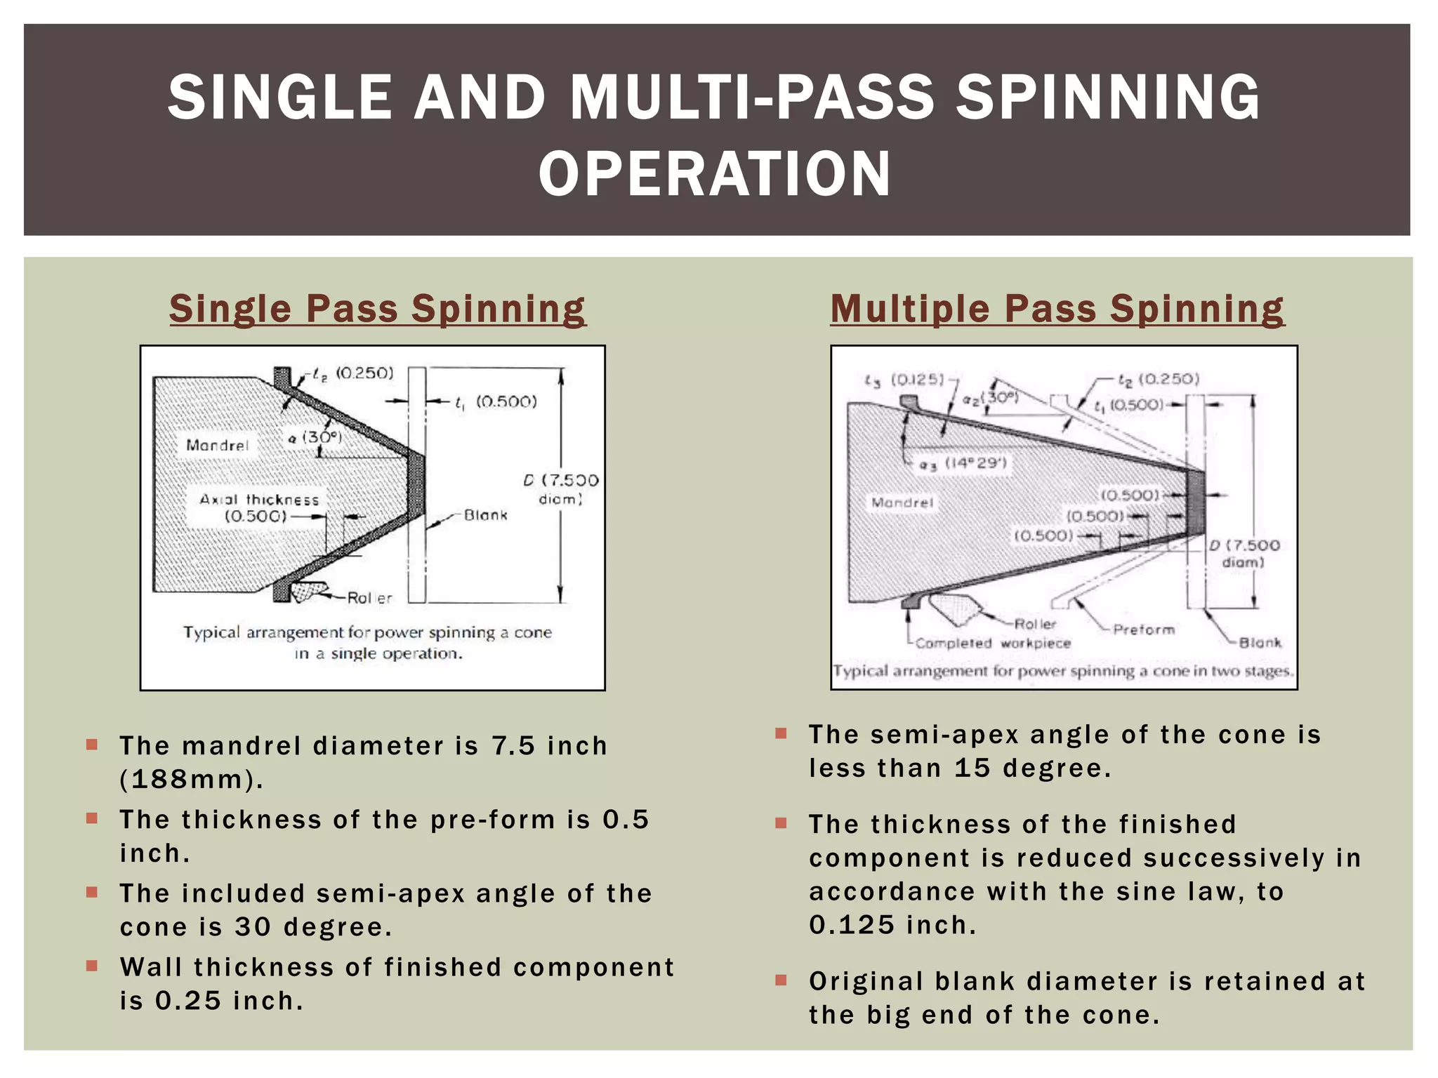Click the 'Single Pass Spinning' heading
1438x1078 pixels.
[x=377, y=309]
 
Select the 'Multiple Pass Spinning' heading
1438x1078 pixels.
[x=1057, y=309]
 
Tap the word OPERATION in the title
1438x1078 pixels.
[x=715, y=173]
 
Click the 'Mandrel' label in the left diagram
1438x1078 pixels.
[x=217, y=445]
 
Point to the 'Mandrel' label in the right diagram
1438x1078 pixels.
[x=902, y=502]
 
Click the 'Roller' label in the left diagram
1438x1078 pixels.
[x=369, y=598]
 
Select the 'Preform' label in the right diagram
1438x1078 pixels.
[x=1143, y=630]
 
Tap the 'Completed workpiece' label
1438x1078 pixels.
[x=993, y=643]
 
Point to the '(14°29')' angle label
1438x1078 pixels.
[x=975, y=463]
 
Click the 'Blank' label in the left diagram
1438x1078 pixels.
[x=485, y=515]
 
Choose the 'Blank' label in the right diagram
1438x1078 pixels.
[x=1260, y=642]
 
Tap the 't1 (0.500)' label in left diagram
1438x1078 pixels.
[x=496, y=402]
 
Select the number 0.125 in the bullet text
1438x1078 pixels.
[x=851, y=925]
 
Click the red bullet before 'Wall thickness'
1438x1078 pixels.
[x=91, y=966]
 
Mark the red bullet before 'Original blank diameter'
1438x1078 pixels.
[x=781, y=980]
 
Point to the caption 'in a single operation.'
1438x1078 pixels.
[x=378, y=653]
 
